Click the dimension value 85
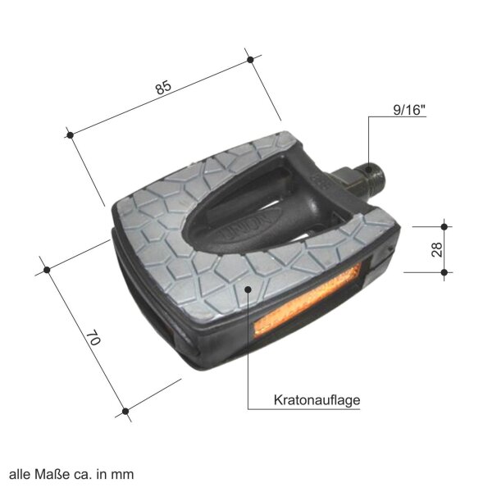163,88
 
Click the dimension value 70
93,338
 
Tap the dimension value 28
437,250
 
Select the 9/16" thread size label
409,110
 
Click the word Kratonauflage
317,400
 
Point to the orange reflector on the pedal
307,301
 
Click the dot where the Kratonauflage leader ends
248,289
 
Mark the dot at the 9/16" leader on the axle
369,170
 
